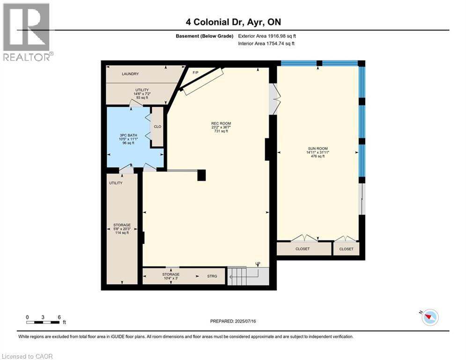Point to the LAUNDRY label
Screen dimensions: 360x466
(x=131, y=74)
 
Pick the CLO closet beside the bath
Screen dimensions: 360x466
(x=158, y=127)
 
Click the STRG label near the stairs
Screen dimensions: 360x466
(x=212, y=276)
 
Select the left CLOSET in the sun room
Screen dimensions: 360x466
(x=303, y=249)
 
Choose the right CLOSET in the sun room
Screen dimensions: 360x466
(x=346, y=249)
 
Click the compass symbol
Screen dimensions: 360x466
(x=429, y=317)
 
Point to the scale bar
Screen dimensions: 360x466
(x=43, y=322)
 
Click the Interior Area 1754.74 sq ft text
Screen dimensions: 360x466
(x=266, y=44)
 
